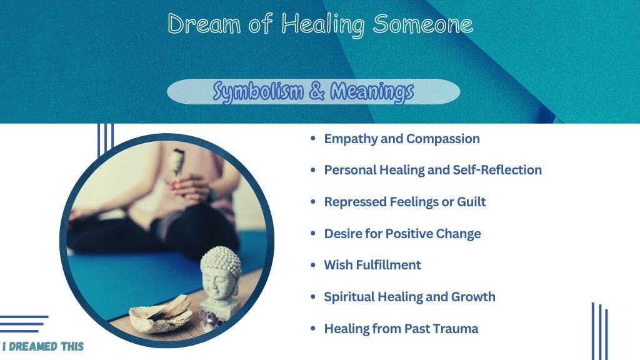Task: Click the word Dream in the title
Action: [x=204, y=24]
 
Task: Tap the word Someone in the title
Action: [x=423, y=24]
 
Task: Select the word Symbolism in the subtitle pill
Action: [x=258, y=92]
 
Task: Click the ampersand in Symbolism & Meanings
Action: [x=317, y=91]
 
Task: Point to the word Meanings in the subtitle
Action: [x=372, y=92]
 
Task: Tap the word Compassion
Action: [x=443, y=139]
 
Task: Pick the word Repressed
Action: [x=355, y=202]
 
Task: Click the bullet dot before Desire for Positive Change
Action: [x=313, y=233]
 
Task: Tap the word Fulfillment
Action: [x=388, y=265]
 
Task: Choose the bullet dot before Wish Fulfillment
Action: [x=313, y=265]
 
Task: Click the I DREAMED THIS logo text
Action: [x=43, y=346]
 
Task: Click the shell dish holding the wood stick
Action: [x=160, y=315]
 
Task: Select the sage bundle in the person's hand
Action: [x=177, y=161]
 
